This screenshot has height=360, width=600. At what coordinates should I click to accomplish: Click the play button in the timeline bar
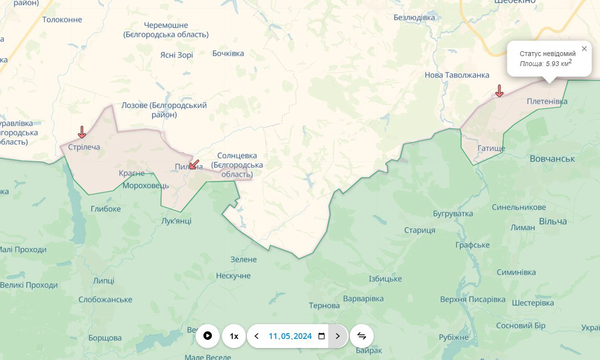(208, 336)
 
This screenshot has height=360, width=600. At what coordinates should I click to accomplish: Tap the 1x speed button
(234, 336)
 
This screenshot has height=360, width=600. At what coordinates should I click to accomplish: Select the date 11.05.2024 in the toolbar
(290, 336)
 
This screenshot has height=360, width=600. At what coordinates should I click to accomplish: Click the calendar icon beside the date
(322, 336)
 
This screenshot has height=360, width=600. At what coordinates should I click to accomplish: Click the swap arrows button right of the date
(362, 336)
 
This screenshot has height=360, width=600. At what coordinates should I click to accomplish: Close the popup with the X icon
(584, 49)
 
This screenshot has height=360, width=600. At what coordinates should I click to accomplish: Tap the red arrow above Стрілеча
(82, 132)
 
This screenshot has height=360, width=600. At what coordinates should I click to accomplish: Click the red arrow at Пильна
(194, 165)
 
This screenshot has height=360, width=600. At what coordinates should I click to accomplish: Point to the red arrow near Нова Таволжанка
(499, 90)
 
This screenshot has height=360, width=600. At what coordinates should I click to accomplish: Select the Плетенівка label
(547, 101)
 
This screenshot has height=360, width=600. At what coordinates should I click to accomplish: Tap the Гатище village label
(491, 148)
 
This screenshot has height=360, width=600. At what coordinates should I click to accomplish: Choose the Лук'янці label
(177, 221)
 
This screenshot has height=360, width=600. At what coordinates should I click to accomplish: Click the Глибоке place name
(106, 209)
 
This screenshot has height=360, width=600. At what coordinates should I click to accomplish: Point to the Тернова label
(324, 305)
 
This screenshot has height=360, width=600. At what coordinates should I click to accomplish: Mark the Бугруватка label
(453, 214)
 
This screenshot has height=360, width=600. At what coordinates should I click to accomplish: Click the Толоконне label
(62, 20)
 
